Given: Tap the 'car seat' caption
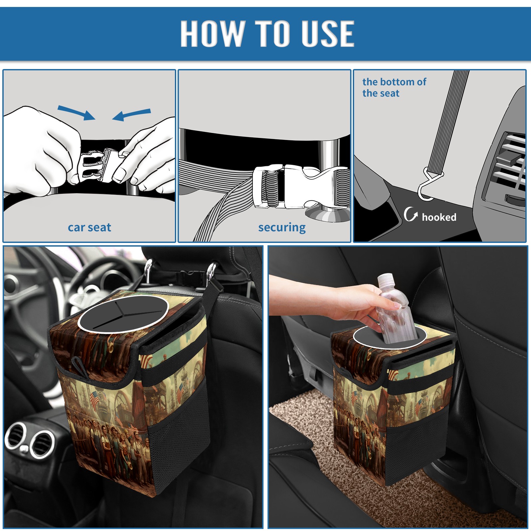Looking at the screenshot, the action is (89, 228).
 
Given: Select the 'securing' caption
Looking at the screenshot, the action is (282, 228).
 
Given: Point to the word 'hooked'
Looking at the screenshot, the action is (439, 217).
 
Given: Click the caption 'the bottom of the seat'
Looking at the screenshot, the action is (394, 87).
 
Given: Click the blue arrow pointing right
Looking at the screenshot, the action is (76, 113).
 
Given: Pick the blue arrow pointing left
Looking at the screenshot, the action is (131, 115).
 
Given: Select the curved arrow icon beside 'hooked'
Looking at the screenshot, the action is (411, 214).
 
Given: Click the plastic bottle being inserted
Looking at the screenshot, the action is (395, 309).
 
